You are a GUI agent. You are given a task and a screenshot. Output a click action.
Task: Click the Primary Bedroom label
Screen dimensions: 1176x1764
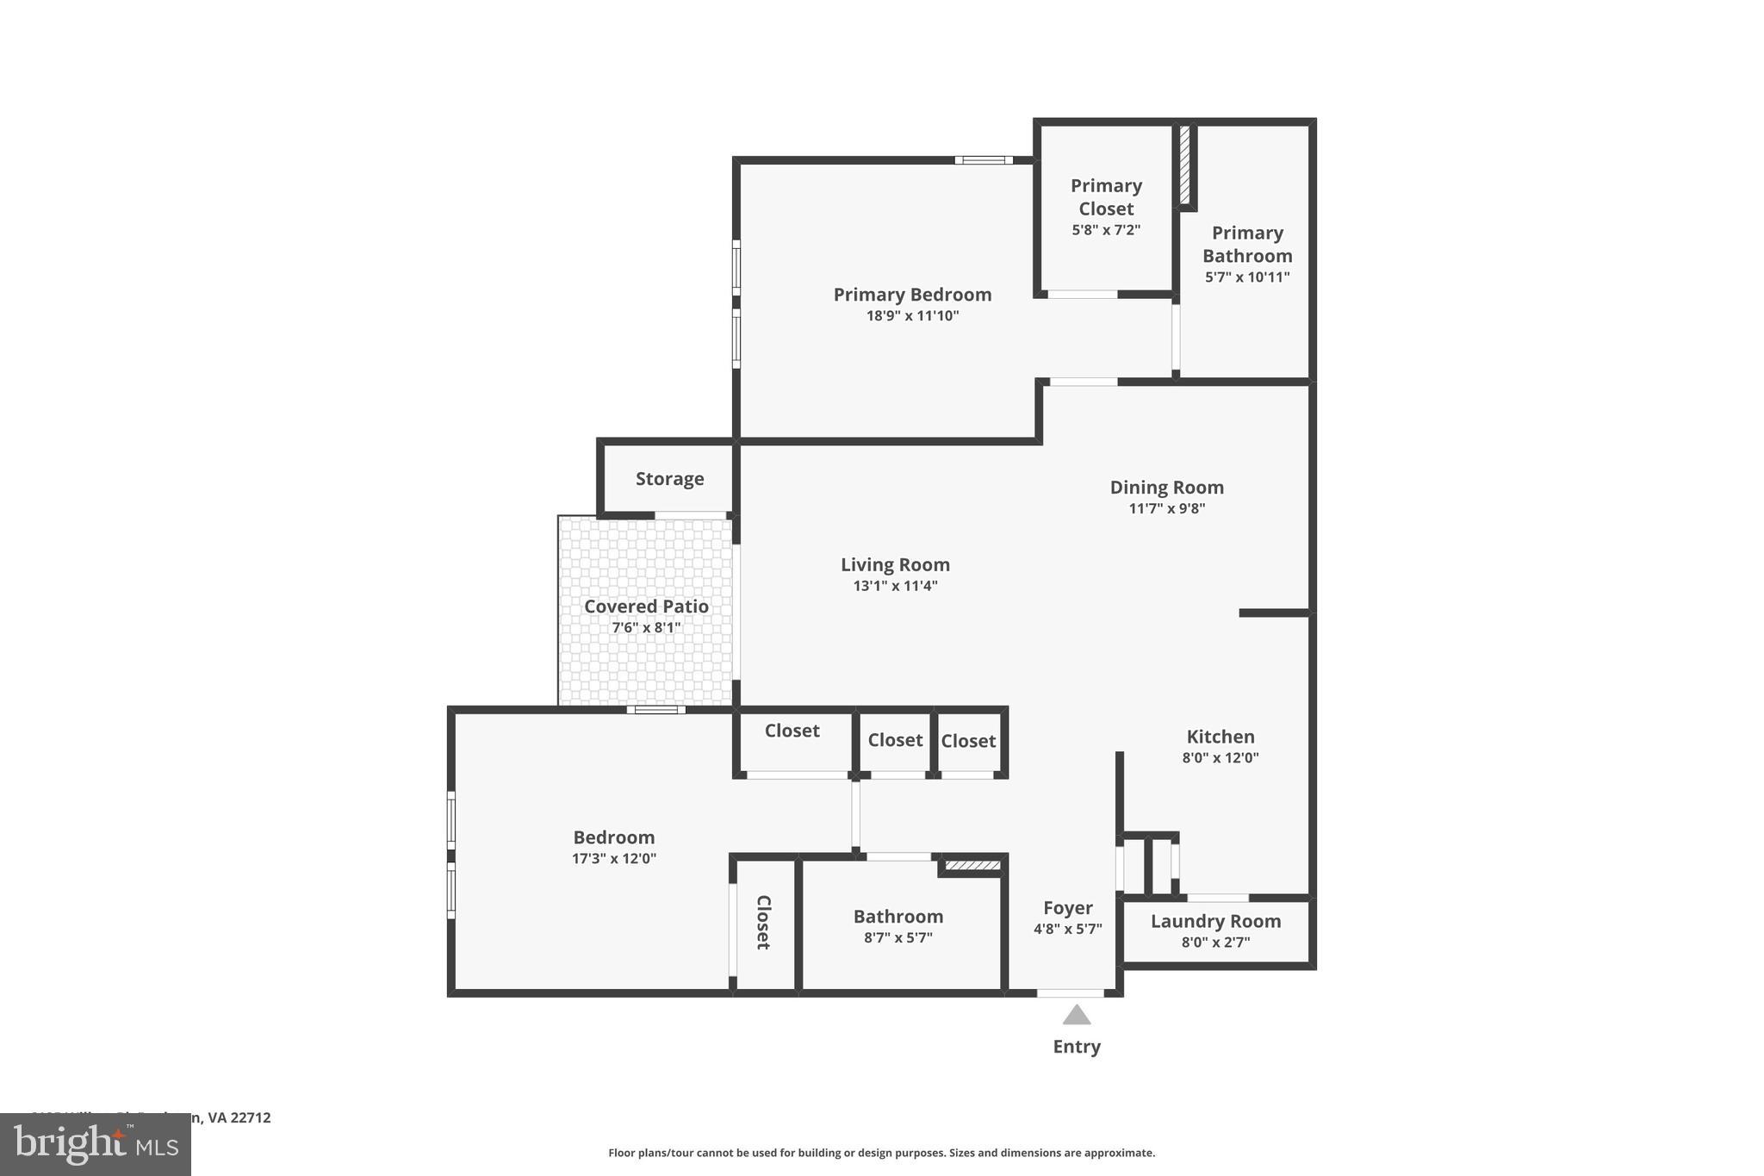[912, 295]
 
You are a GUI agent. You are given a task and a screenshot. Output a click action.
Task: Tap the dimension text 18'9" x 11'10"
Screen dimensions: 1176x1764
[912, 316]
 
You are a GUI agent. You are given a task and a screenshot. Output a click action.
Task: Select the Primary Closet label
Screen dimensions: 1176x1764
[1106, 197]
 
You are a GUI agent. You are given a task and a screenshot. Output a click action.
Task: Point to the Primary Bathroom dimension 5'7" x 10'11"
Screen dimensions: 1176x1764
[1247, 277]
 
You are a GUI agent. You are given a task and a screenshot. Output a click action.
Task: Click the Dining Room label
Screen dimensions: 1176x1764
[1166, 488]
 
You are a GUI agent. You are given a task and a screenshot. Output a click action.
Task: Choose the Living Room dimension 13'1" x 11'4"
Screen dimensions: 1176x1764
[895, 587]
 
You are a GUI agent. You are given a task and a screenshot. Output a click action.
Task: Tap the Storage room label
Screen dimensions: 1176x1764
[669, 479]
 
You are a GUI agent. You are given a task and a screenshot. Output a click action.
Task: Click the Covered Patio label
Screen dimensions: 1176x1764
[646, 607]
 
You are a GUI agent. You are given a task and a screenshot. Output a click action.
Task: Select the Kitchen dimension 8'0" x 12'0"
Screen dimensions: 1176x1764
[1220, 758]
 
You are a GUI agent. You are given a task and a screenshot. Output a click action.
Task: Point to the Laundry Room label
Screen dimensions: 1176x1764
[1215, 921]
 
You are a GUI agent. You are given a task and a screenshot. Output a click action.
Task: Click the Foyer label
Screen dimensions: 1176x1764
[1067, 908]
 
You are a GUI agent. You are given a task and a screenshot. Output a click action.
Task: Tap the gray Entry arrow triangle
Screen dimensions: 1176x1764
[1077, 1017]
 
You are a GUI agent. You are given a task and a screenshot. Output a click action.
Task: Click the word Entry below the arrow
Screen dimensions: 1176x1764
[1077, 1047]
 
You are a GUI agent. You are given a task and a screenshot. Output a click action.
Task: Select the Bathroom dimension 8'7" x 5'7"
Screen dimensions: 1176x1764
[898, 938]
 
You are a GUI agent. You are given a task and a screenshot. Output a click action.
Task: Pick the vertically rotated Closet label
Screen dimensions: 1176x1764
[763, 922]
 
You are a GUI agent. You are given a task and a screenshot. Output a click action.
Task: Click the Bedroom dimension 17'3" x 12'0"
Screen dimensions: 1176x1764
[614, 859]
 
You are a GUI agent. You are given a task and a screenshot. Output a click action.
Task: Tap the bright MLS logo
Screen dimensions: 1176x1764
[96, 1145]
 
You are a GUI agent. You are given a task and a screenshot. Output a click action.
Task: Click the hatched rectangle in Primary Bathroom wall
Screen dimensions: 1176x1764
[1185, 165]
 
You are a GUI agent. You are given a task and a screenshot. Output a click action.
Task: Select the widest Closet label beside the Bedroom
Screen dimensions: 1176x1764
[792, 731]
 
